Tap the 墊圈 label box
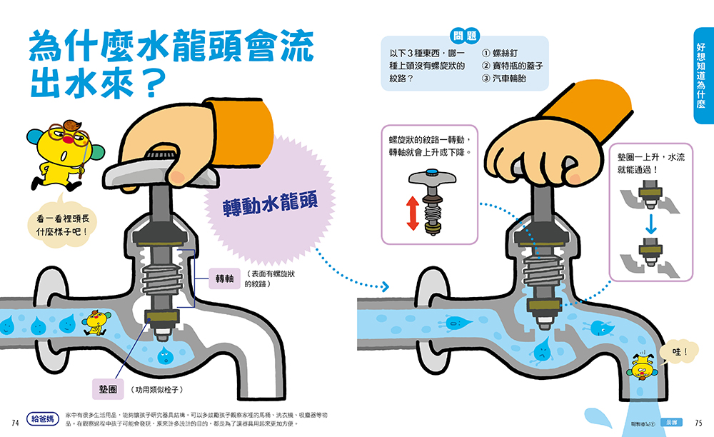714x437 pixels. [x=103, y=389]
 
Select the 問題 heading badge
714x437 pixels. [x=466, y=36]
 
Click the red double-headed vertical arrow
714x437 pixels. [x=412, y=213]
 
